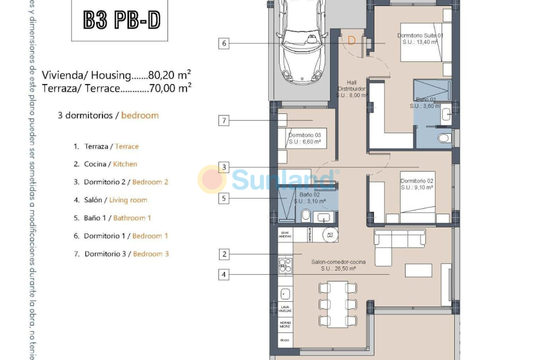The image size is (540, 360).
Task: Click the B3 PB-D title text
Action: (121, 20)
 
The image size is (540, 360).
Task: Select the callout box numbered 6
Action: (224, 43)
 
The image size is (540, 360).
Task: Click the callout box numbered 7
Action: (224, 121)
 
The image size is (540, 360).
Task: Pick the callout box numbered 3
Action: (224, 167)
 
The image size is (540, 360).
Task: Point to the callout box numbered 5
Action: (224, 198)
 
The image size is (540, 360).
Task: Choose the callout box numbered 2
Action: (224, 254)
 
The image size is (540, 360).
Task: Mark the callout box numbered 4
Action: (224, 275)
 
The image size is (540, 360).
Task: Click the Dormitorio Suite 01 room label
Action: (420, 38)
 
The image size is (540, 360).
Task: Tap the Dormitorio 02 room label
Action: (417, 184)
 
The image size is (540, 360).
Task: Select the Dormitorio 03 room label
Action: (305, 139)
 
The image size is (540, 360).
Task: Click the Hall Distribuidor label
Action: (352, 89)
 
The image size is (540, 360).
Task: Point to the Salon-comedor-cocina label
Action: (338, 265)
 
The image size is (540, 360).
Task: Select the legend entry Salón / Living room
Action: (111, 200)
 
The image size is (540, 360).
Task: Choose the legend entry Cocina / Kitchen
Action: (106, 164)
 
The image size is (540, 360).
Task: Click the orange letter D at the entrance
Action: (352, 40)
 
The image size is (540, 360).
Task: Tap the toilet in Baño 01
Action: (443, 138)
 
